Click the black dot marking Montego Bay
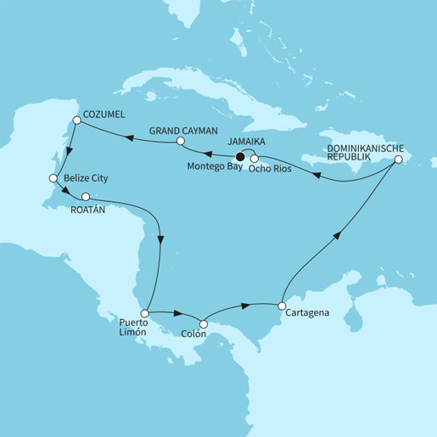click(241, 156)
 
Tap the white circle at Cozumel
click(77, 121)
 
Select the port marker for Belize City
click(53, 179)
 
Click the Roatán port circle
click(85, 197)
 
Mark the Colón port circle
click(203, 323)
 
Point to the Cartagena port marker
click(282, 305)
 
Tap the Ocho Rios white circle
click(254, 157)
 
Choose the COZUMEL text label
click(103, 111)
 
